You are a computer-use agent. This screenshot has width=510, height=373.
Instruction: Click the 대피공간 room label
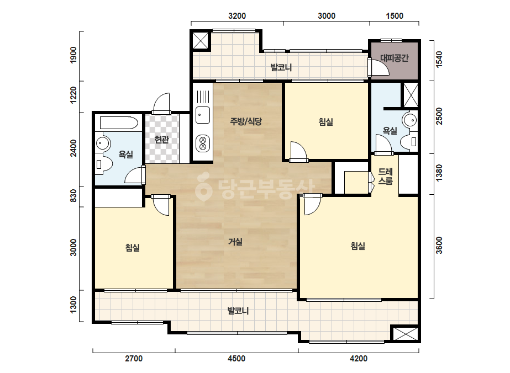394,58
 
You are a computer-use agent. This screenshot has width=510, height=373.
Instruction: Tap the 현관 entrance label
162,140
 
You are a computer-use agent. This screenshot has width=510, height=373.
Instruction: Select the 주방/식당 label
246,121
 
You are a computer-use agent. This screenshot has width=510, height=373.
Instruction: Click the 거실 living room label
235,242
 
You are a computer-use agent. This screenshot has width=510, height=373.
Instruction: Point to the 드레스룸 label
386,176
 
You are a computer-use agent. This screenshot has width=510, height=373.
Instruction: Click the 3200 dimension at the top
237,16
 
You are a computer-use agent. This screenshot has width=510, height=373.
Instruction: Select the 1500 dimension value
395,16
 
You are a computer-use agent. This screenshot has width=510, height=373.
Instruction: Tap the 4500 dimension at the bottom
236,359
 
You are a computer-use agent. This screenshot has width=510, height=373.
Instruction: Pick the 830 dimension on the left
74,195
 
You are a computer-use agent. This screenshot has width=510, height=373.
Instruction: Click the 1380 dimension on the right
439,173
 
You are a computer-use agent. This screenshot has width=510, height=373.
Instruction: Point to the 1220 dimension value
74,95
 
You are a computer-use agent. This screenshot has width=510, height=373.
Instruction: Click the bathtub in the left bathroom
119,123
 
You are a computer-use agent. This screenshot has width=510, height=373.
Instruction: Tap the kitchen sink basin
203,115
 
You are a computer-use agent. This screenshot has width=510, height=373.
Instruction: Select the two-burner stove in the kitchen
203,144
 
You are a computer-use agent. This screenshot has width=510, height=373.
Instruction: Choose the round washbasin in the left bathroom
103,143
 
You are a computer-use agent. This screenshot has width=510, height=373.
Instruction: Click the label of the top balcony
281,67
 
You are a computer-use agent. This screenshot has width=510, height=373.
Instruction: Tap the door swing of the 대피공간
379,67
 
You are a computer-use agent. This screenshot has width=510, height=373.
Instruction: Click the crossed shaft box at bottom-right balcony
404,334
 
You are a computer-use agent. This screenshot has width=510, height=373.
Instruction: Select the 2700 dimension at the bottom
134,359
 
